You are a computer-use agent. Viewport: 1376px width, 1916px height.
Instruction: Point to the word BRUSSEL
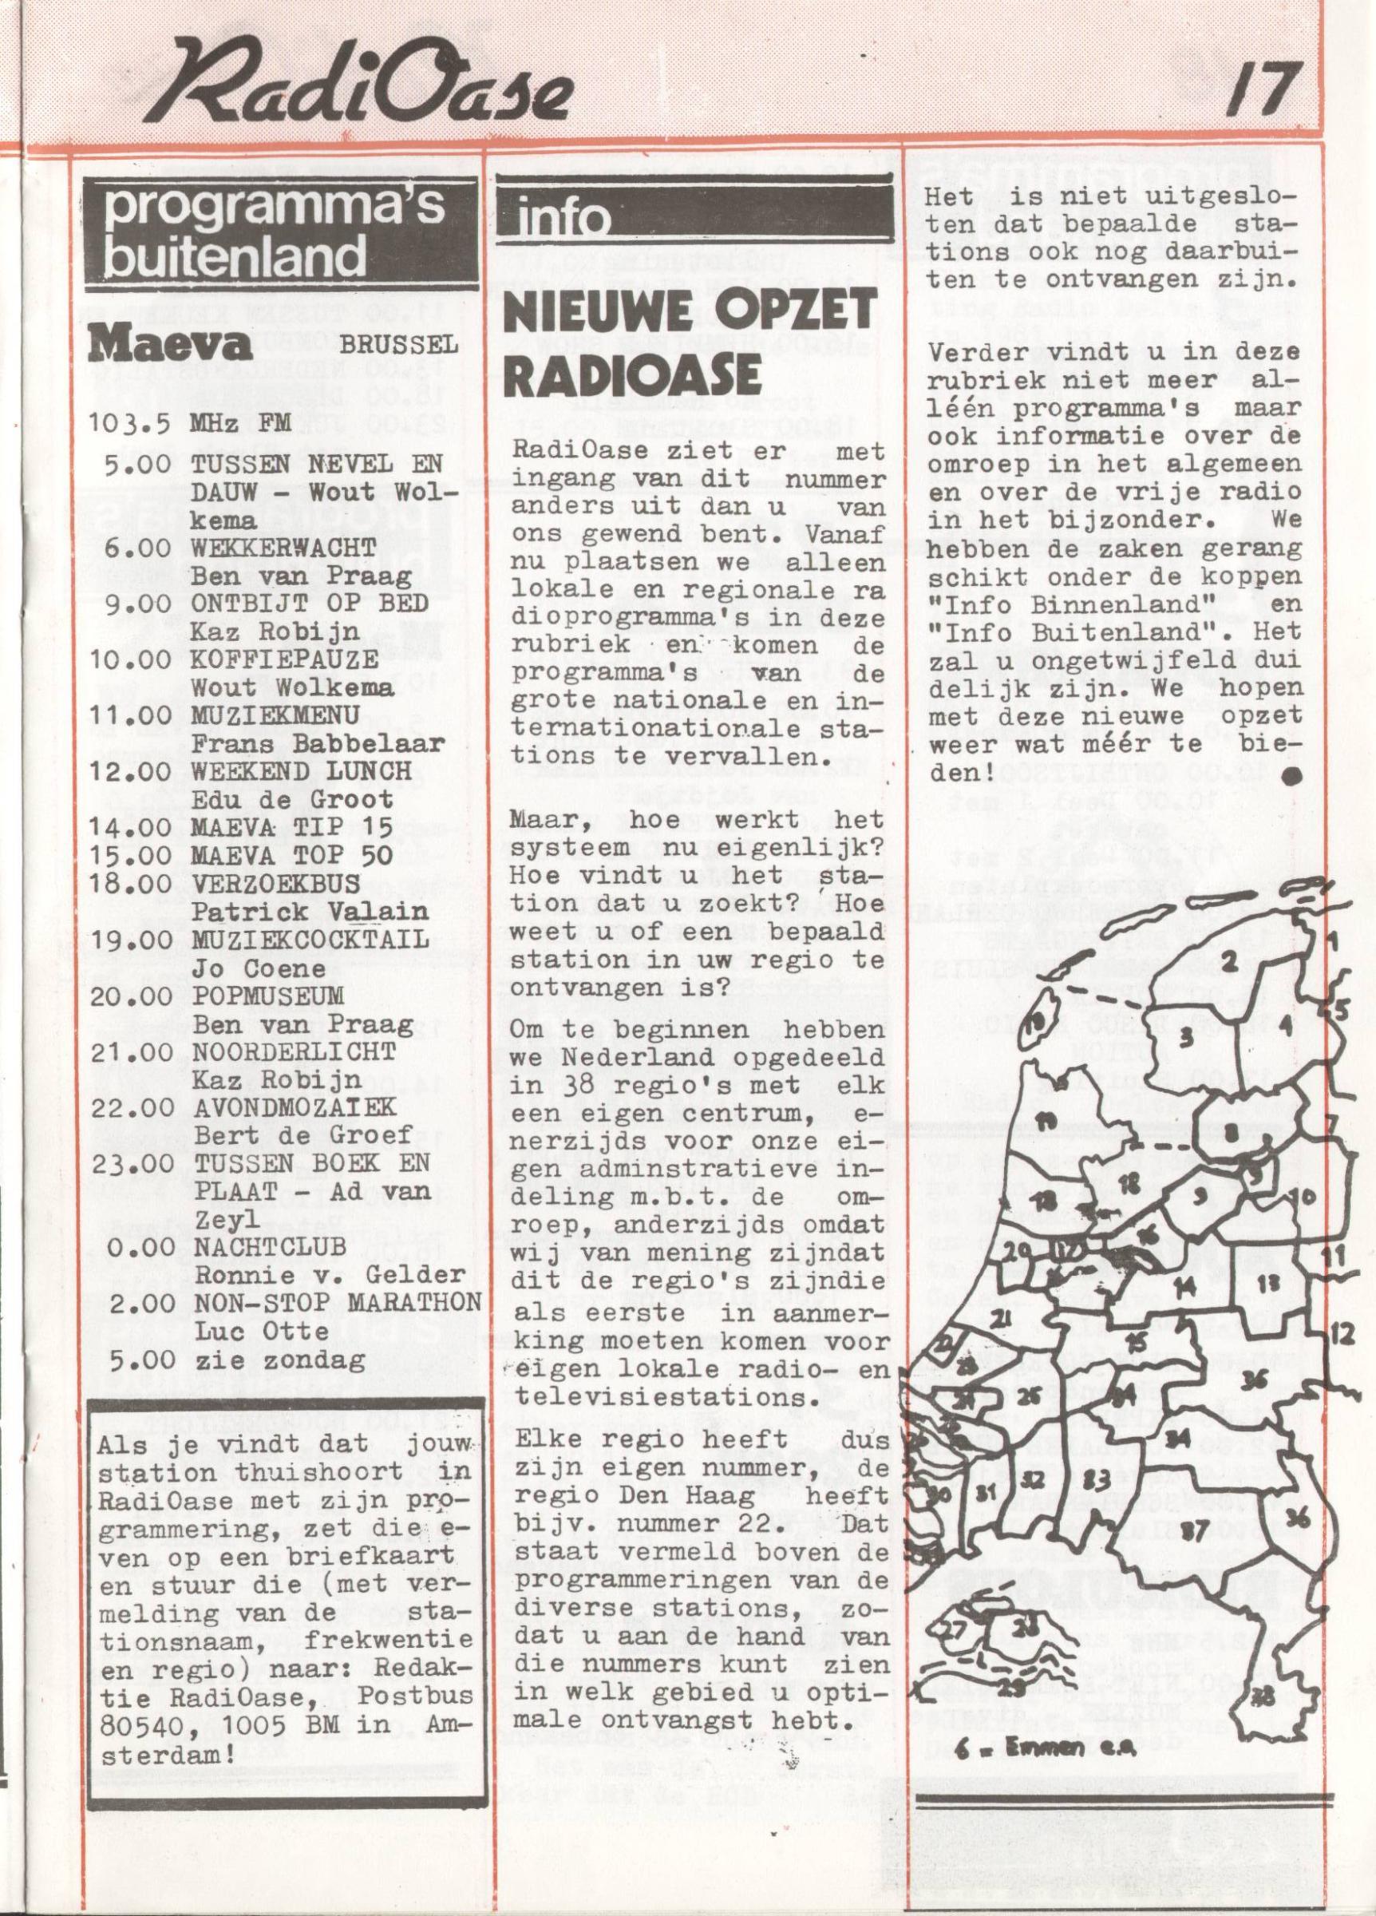pos(400,346)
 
